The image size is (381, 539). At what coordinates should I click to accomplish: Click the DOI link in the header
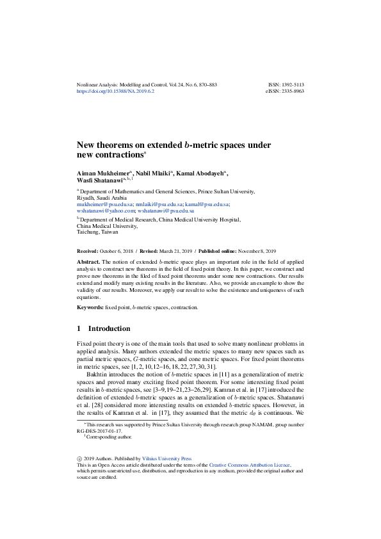coord(115,92)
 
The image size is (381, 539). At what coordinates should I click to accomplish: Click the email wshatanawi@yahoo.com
coord(106,210)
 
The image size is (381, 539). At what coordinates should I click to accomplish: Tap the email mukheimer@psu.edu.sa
coord(102,204)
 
